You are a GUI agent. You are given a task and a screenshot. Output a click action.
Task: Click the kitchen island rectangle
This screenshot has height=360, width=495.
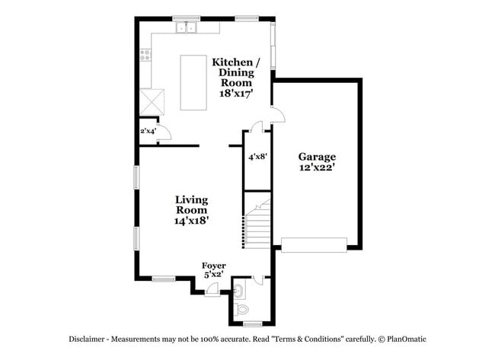point(193,81)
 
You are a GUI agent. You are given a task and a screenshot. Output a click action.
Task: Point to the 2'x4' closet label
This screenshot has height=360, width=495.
point(148,131)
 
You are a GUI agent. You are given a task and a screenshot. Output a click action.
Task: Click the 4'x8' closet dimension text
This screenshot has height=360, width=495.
point(257,157)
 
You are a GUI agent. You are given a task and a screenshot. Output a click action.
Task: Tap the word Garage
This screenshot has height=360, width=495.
point(317,157)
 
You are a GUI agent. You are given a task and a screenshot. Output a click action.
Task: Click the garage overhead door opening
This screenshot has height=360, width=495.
point(314,244)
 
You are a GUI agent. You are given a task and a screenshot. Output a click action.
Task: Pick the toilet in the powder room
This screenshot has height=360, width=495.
point(242,309)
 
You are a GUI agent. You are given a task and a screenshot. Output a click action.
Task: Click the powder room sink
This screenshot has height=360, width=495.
point(237,289)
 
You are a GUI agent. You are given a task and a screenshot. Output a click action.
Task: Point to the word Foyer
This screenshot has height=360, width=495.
point(213,266)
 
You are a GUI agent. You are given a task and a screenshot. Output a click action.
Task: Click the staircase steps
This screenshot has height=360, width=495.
point(257,228)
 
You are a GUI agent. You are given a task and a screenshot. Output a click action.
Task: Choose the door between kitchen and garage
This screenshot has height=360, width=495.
point(278,115)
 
